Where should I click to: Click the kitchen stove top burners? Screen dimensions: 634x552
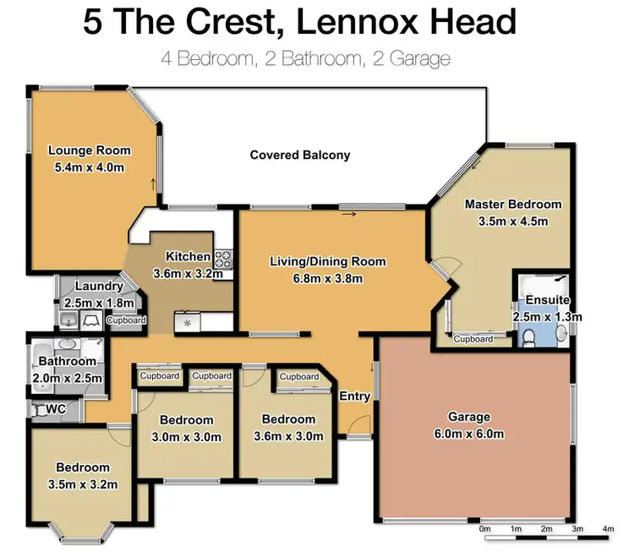click(223, 260)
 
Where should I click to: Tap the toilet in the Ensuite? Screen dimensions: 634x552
click(527, 337)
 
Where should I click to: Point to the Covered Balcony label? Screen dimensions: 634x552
click(300, 155)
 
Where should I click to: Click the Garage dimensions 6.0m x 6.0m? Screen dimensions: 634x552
click(469, 434)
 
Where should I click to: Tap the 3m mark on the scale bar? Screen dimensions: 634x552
click(577, 528)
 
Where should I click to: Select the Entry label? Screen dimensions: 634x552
click(354, 396)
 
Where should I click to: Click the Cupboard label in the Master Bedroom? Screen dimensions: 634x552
click(473, 339)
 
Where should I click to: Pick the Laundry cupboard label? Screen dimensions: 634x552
click(126, 320)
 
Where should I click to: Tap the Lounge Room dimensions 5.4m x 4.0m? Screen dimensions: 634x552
click(90, 167)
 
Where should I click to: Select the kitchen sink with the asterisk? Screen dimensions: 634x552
click(187, 322)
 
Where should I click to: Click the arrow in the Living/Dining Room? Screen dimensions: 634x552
click(349, 214)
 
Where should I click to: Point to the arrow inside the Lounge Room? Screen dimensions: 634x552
click(153, 184)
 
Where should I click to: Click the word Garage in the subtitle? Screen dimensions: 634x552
click(420, 59)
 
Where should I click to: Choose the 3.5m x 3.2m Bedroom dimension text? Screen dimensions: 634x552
click(83, 484)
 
